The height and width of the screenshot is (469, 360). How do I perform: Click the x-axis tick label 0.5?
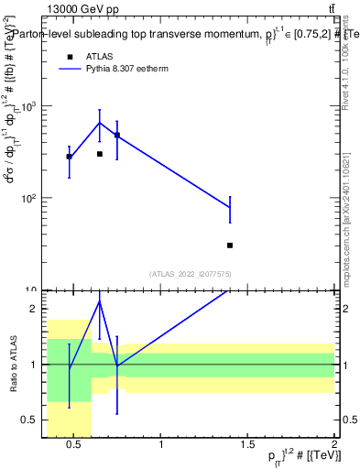(x=74, y=445)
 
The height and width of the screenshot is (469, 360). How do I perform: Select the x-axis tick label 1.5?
(x=248, y=445)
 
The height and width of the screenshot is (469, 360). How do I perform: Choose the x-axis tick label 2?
(x=334, y=445)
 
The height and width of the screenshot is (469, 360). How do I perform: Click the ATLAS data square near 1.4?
(x=230, y=245)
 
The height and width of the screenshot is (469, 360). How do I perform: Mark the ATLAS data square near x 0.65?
(x=100, y=154)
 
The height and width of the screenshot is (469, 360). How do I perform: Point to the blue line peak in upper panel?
(x=100, y=123)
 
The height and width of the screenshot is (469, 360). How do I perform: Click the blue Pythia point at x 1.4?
(x=230, y=208)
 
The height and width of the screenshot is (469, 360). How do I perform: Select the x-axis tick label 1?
(x=161, y=445)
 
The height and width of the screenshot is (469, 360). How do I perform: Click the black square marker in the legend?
(x=70, y=56)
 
